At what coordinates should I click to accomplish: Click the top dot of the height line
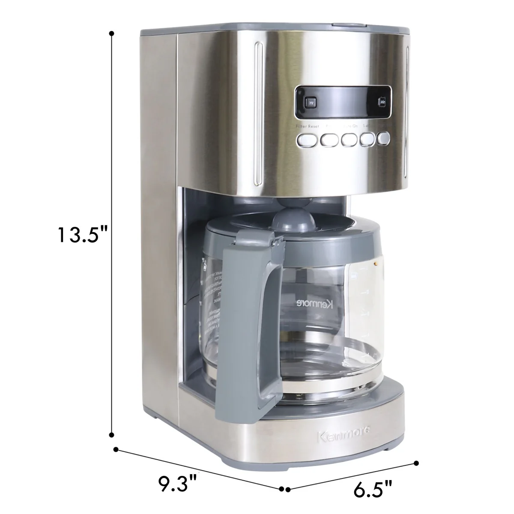pos(112,33)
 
